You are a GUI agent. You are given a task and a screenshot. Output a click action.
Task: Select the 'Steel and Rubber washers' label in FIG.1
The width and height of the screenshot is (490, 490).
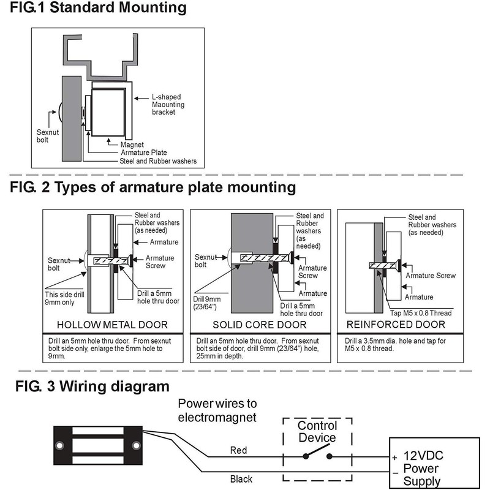tap(158, 161)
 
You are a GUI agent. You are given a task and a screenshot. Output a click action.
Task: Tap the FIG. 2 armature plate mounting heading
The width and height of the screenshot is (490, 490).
tap(153, 187)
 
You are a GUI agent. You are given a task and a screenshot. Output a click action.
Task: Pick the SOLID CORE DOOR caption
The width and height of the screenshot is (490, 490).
tap(260, 325)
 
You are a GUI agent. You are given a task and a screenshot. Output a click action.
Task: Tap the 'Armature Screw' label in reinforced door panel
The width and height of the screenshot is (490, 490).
tap(432, 276)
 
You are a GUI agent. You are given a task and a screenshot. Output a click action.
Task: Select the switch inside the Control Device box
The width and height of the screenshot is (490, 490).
tap(317, 456)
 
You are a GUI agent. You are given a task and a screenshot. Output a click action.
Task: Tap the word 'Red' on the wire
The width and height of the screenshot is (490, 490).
tap(239, 450)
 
